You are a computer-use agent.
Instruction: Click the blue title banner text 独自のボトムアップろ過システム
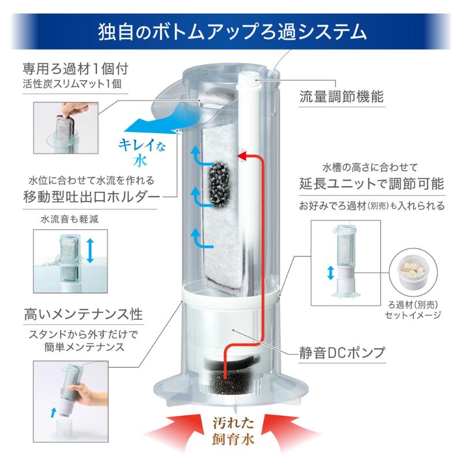point(232,32)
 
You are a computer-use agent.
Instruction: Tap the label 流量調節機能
point(341,96)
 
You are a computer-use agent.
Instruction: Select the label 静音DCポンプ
point(342,352)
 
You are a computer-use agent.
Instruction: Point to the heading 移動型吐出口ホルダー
point(91,196)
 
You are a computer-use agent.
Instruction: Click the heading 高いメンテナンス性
point(84,314)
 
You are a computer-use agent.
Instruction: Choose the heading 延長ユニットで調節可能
point(372,184)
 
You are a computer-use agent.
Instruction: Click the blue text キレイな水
point(141,152)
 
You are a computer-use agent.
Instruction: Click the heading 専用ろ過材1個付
point(76,69)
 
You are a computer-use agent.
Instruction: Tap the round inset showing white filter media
point(413,273)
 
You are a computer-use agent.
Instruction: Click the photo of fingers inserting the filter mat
point(66,128)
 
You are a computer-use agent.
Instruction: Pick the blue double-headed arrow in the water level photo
point(90,251)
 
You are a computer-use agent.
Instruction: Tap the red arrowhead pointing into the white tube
point(243,155)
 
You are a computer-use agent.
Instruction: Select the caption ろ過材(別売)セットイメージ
point(413,310)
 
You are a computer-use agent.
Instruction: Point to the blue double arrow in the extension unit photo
point(330,273)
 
